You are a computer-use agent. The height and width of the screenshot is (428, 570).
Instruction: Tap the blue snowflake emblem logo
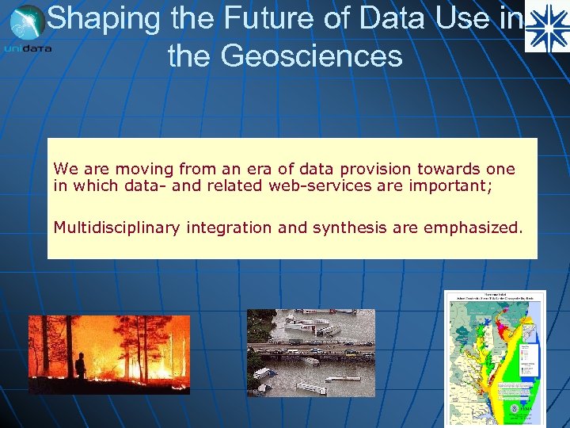(x=547, y=27)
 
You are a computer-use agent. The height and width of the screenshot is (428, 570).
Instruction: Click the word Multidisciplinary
(x=117, y=228)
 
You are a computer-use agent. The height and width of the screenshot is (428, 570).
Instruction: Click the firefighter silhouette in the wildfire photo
(x=79, y=365)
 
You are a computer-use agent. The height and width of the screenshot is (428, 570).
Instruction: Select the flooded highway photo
(x=311, y=352)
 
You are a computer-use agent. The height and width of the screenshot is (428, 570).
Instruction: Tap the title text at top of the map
(x=495, y=299)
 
